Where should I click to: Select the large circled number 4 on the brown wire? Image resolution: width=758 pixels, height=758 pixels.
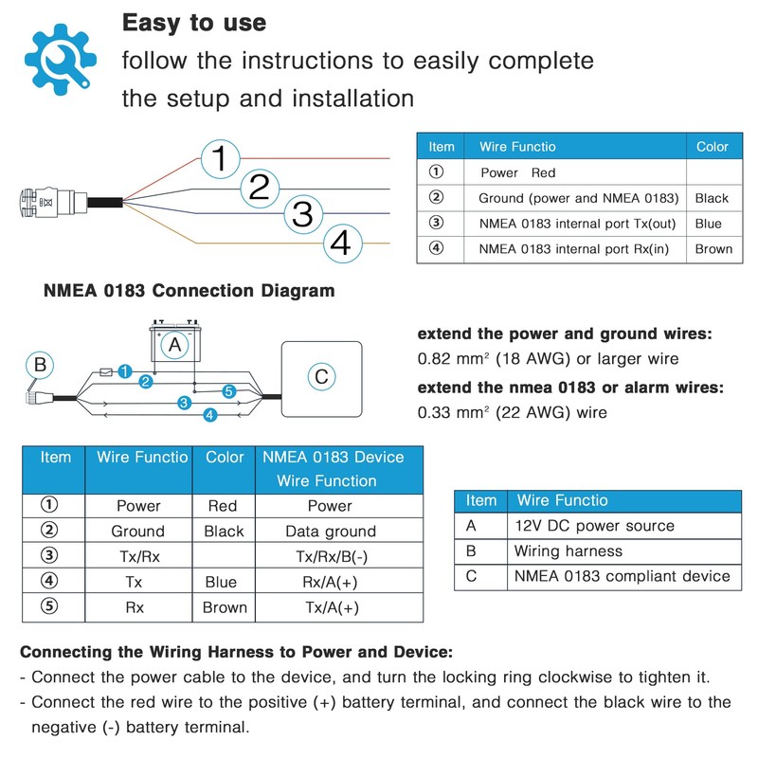340,244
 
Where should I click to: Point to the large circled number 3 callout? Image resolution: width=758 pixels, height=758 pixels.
302,214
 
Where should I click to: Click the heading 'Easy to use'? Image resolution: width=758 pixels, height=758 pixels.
194,23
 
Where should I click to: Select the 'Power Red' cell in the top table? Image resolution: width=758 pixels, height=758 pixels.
518,172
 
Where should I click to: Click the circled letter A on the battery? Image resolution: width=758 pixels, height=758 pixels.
173,346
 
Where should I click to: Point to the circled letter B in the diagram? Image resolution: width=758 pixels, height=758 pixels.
39,364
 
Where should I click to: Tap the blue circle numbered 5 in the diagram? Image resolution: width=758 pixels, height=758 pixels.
228,390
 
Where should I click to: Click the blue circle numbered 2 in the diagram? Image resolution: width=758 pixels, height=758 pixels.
145,382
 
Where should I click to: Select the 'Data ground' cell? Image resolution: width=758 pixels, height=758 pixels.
330,532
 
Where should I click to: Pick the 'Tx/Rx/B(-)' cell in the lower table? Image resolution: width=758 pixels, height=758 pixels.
330,557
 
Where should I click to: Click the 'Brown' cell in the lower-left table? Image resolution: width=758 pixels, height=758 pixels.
225,608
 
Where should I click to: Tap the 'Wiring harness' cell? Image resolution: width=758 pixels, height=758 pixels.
568,550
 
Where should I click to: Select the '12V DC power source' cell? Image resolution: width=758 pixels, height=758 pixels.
594,526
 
